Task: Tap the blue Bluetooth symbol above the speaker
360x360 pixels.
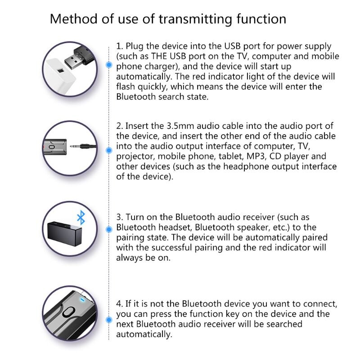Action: tap(81, 218)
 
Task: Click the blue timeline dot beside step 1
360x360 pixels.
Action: tap(108, 65)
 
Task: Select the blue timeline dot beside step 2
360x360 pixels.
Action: tap(108, 150)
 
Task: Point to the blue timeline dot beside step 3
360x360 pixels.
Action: tap(108, 229)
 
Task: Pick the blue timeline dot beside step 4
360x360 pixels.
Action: tap(108, 319)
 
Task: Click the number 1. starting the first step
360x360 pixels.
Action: tap(119, 46)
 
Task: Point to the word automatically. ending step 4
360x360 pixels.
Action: tap(144, 334)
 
